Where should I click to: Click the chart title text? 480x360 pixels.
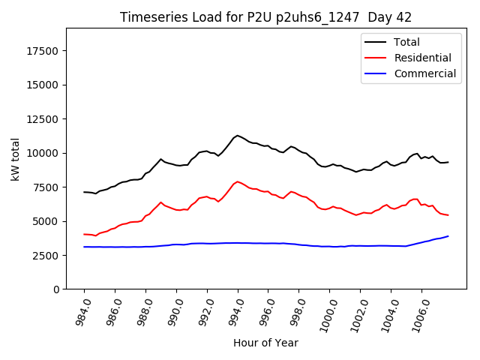click(x=265, y=16)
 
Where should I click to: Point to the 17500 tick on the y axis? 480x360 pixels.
click(x=44, y=51)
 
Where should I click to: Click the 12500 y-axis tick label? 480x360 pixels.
click(x=44, y=85)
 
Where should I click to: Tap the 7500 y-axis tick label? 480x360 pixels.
click(x=47, y=187)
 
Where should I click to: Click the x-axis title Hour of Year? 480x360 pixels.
click(x=265, y=343)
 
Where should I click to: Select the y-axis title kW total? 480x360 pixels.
click(x=15, y=159)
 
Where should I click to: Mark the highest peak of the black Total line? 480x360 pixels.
click(x=238, y=136)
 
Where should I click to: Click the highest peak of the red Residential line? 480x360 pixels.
click(x=238, y=181)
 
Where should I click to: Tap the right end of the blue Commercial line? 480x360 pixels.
click(x=448, y=236)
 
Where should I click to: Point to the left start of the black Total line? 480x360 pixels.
click(x=84, y=192)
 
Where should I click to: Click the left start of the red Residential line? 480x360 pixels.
click(x=84, y=234)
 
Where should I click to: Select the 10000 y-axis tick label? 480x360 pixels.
click(x=44, y=153)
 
